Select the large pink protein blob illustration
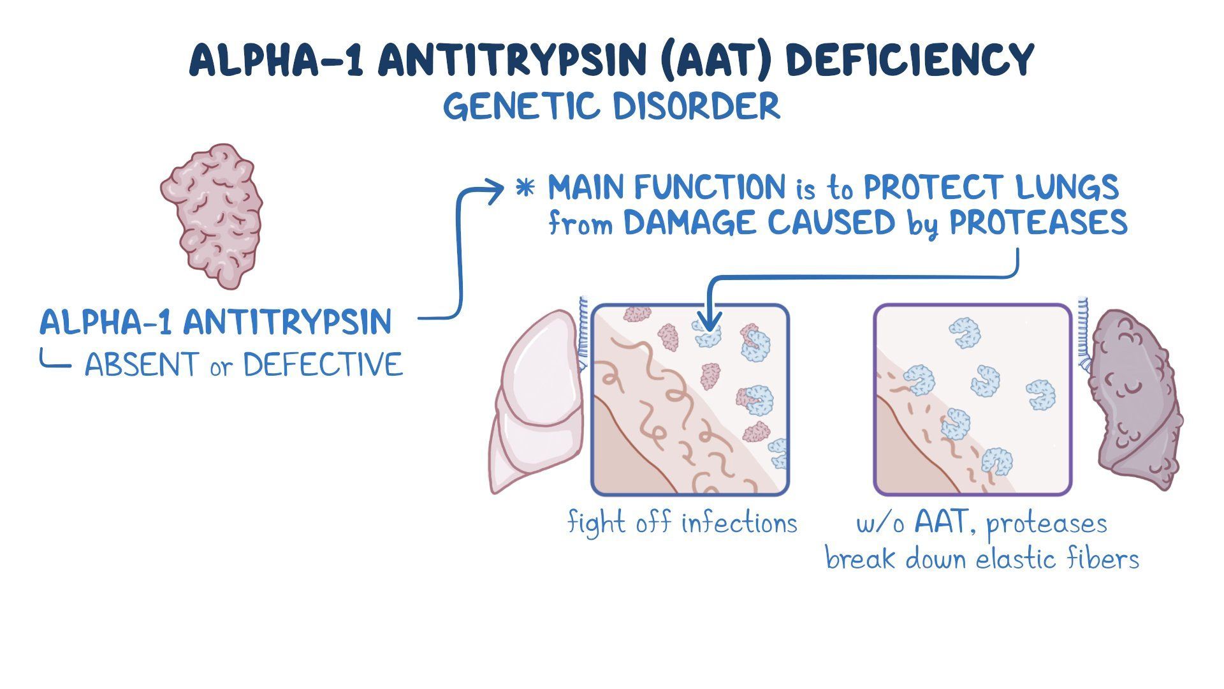[x=212, y=216]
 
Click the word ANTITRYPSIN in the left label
[x=288, y=322]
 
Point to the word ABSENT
[x=141, y=365]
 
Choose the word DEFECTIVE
[x=323, y=365]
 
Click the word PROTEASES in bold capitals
[x=1038, y=223]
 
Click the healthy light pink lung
[x=539, y=402]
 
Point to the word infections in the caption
[x=739, y=523]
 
